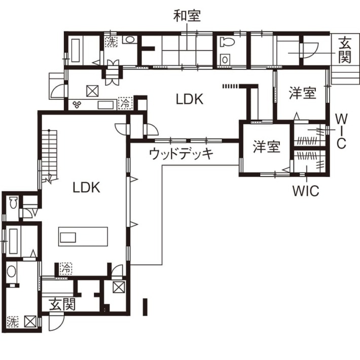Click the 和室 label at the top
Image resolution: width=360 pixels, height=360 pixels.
coord(187,16)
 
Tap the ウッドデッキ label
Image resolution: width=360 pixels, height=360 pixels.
coord(181,154)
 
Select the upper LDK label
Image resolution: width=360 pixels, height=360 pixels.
coord(190,99)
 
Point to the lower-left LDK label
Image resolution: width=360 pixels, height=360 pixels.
coord(86,187)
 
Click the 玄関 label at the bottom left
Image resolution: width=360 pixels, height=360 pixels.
coord(62,304)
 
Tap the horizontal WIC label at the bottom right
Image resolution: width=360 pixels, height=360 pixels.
coord(306,191)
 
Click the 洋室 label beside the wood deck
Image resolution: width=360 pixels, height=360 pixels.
coord(267,147)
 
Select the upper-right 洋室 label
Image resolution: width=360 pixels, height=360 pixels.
coord(303,93)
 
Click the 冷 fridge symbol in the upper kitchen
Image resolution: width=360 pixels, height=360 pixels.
coord(125,103)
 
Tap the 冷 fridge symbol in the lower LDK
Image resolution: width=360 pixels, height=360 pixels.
coord(66,268)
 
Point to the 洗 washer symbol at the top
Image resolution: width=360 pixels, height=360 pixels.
coord(112,42)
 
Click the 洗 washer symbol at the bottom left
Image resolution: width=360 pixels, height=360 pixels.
coord(13,321)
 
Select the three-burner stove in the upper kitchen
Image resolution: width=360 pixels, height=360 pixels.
coord(77,104)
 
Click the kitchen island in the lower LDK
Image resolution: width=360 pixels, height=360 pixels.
coord(83,236)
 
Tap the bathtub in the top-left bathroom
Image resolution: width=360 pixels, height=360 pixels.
coord(76,51)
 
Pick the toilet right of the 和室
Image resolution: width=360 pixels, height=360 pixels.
coord(227,42)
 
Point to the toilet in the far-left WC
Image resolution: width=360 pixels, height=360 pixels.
coord(13,202)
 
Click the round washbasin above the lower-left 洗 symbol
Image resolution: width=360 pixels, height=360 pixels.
coord(12,271)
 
